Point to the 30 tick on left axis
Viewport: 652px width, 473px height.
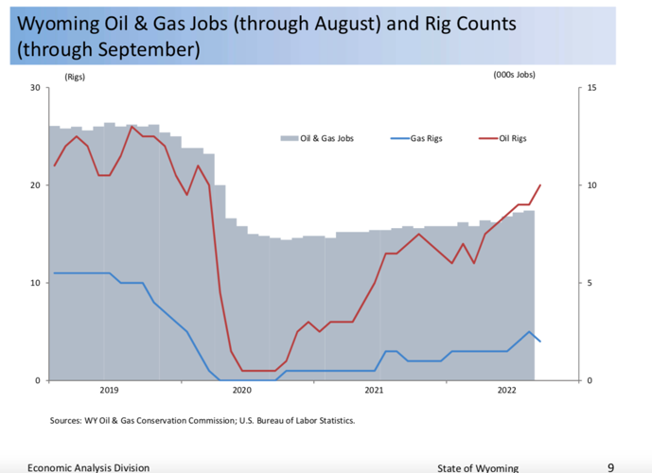coord(34,88)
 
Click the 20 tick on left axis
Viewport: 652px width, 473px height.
coord(34,185)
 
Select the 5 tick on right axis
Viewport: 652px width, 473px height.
coord(589,283)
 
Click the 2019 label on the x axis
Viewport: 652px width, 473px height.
coord(109,390)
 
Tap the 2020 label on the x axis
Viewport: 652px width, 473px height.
coord(241,390)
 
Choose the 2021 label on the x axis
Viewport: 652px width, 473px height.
coord(374,390)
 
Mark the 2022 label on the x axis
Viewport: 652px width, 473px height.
coord(506,390)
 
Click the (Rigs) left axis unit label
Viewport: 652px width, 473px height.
coord(75,76)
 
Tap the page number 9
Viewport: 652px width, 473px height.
coord(610,466)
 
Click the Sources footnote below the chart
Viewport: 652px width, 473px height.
coord(203,420)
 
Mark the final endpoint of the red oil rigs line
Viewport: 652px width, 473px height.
coord(540,184)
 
